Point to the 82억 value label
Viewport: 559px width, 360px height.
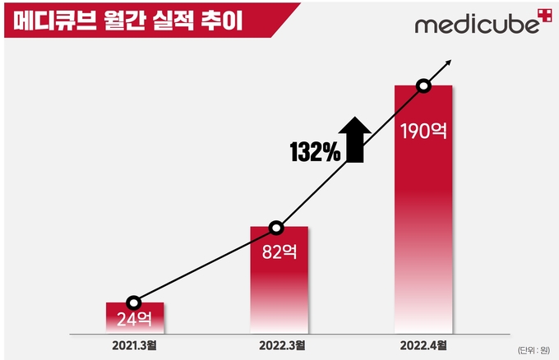click(x=278, y=252)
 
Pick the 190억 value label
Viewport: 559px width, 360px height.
click(x=423, y=131)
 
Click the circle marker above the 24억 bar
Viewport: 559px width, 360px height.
click(x=135, y=302)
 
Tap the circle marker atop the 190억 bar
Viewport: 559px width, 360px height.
click(x=423, y=85)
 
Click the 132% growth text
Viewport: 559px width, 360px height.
click(x=314, y=151)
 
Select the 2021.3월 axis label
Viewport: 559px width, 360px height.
click(x=135, y=344)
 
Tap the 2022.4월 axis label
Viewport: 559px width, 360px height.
click(x=423, y=344)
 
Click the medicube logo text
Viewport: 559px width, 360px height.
click(x=472, y=25)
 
